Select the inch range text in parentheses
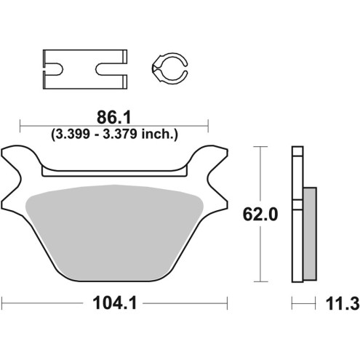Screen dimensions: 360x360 pyautogui.click(x=115, y=133)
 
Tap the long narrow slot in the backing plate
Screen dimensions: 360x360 pyautogui.click(x=115, y=172)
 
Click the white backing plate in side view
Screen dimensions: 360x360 pyautogui.click(x=296, y=218)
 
